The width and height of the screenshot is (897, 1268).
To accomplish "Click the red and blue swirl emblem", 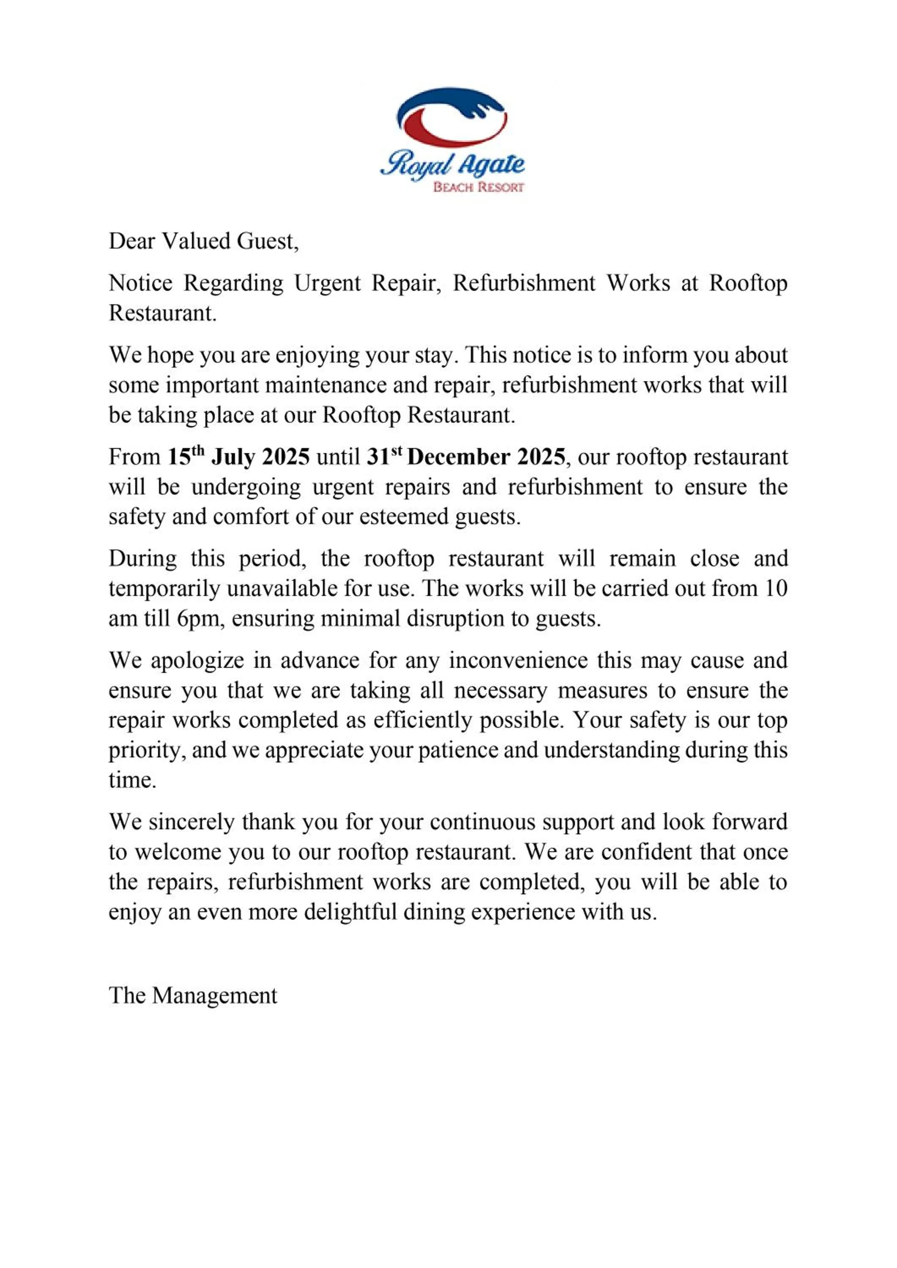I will (x=451, y=117).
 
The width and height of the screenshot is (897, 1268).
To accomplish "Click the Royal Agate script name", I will (x=452, y=164).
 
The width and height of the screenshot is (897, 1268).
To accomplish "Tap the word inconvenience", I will (x=518, y=661).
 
